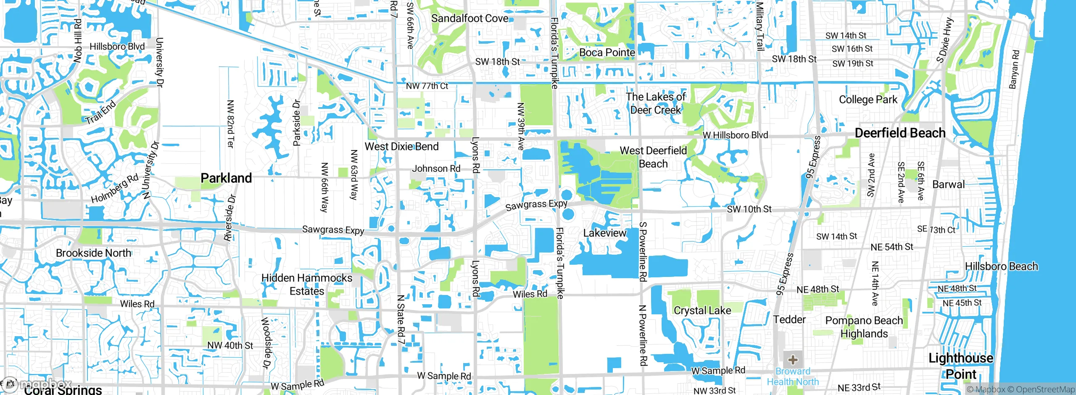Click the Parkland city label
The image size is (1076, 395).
pyautogui.click(x=226, y=178)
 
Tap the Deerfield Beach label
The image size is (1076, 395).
pyautogui.click(x=900, y=133)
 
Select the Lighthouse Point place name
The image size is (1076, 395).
pyautogui.click(x=961, y=366)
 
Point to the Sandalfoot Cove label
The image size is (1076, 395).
pyautogui.click(x=469, y=18)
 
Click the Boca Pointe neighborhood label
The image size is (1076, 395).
pyautogui.click(x=607, y=53)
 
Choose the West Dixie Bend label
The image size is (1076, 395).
pyautogui.click(x=401, y=147)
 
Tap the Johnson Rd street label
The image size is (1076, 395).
pyautogui.click(x=436, y=169)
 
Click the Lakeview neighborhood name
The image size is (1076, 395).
pyautogui.click(x=604, y=233)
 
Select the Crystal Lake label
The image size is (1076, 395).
pyautogui.click(x=702, y=311)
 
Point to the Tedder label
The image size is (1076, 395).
pyautogui.click(x=789, y=320)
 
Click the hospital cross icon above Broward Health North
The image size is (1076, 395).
pyautogui.click(x=793, y=360)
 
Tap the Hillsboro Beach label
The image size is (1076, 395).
pyautogui.click(x=1001, y=266)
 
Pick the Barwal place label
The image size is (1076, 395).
pyautogui.click(x=948, y=184)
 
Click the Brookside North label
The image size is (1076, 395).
pyautogui.click(x=93, y=253)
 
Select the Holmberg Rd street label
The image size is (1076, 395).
pyautogui.click(x=115, y=189)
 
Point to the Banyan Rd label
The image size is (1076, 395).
pyautogui.click(x=1014, y=70)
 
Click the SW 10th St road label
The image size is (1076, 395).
pyautogui.click(x=749, y=209)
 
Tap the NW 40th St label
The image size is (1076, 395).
pyautogui.click(x=230, y=345)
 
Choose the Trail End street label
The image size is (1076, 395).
pyautogui.click(x=100, y=113)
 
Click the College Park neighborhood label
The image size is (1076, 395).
pyautogui.click(x=868, y=100)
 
